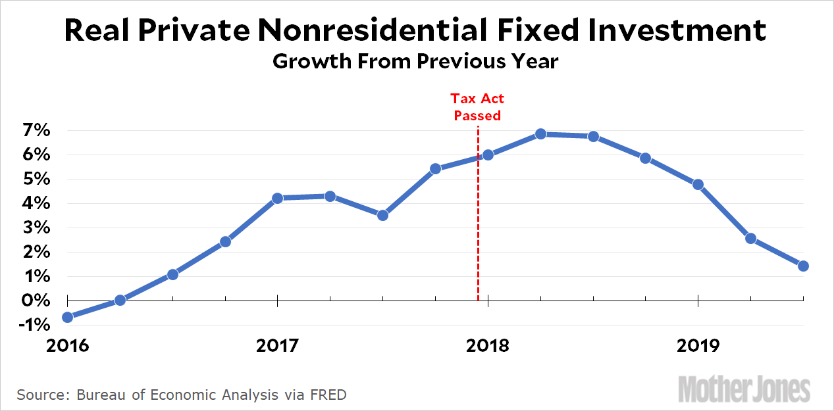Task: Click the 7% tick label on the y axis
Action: point(32,130)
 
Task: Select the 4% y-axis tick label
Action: point(32,204)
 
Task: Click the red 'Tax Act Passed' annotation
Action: point(477,107)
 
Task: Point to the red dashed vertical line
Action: point(478,250)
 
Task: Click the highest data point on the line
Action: point(540,133)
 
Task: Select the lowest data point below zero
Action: point(68,317)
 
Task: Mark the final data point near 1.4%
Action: point(803,266)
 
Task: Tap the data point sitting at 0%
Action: point(120,300)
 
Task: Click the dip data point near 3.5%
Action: point(382,215)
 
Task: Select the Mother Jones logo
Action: point(744,389)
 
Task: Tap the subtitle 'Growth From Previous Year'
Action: point(415,62)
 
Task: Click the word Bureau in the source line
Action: point(103,395)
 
